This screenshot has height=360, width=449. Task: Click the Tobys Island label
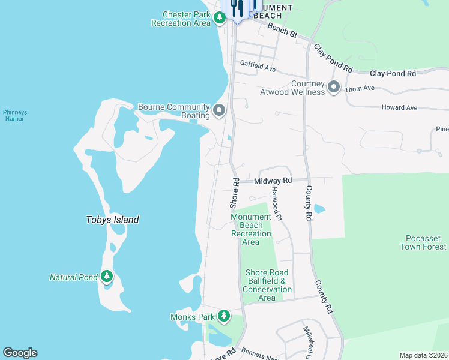pos(112,220)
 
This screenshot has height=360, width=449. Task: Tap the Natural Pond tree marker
pos(107,277)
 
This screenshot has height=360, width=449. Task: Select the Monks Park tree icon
pos(224,315)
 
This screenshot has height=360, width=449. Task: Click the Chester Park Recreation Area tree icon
pos(220,18)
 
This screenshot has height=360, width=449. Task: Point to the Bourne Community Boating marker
pos(219,110)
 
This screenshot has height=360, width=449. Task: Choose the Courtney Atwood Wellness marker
pos(334,88)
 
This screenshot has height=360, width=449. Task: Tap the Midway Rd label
pos(273,181)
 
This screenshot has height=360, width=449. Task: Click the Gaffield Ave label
pos(258,66)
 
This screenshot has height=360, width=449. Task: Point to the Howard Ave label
pos(399,108)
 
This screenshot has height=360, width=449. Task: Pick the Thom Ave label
pos(360,88)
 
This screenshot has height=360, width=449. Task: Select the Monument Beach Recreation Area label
pos(251,229)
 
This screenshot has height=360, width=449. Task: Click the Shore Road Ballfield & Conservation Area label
pos(267,285)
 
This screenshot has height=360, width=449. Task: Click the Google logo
pos(20,353)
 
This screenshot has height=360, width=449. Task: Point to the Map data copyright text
pos(423,355)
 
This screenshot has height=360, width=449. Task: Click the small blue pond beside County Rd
pos(319,209)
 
